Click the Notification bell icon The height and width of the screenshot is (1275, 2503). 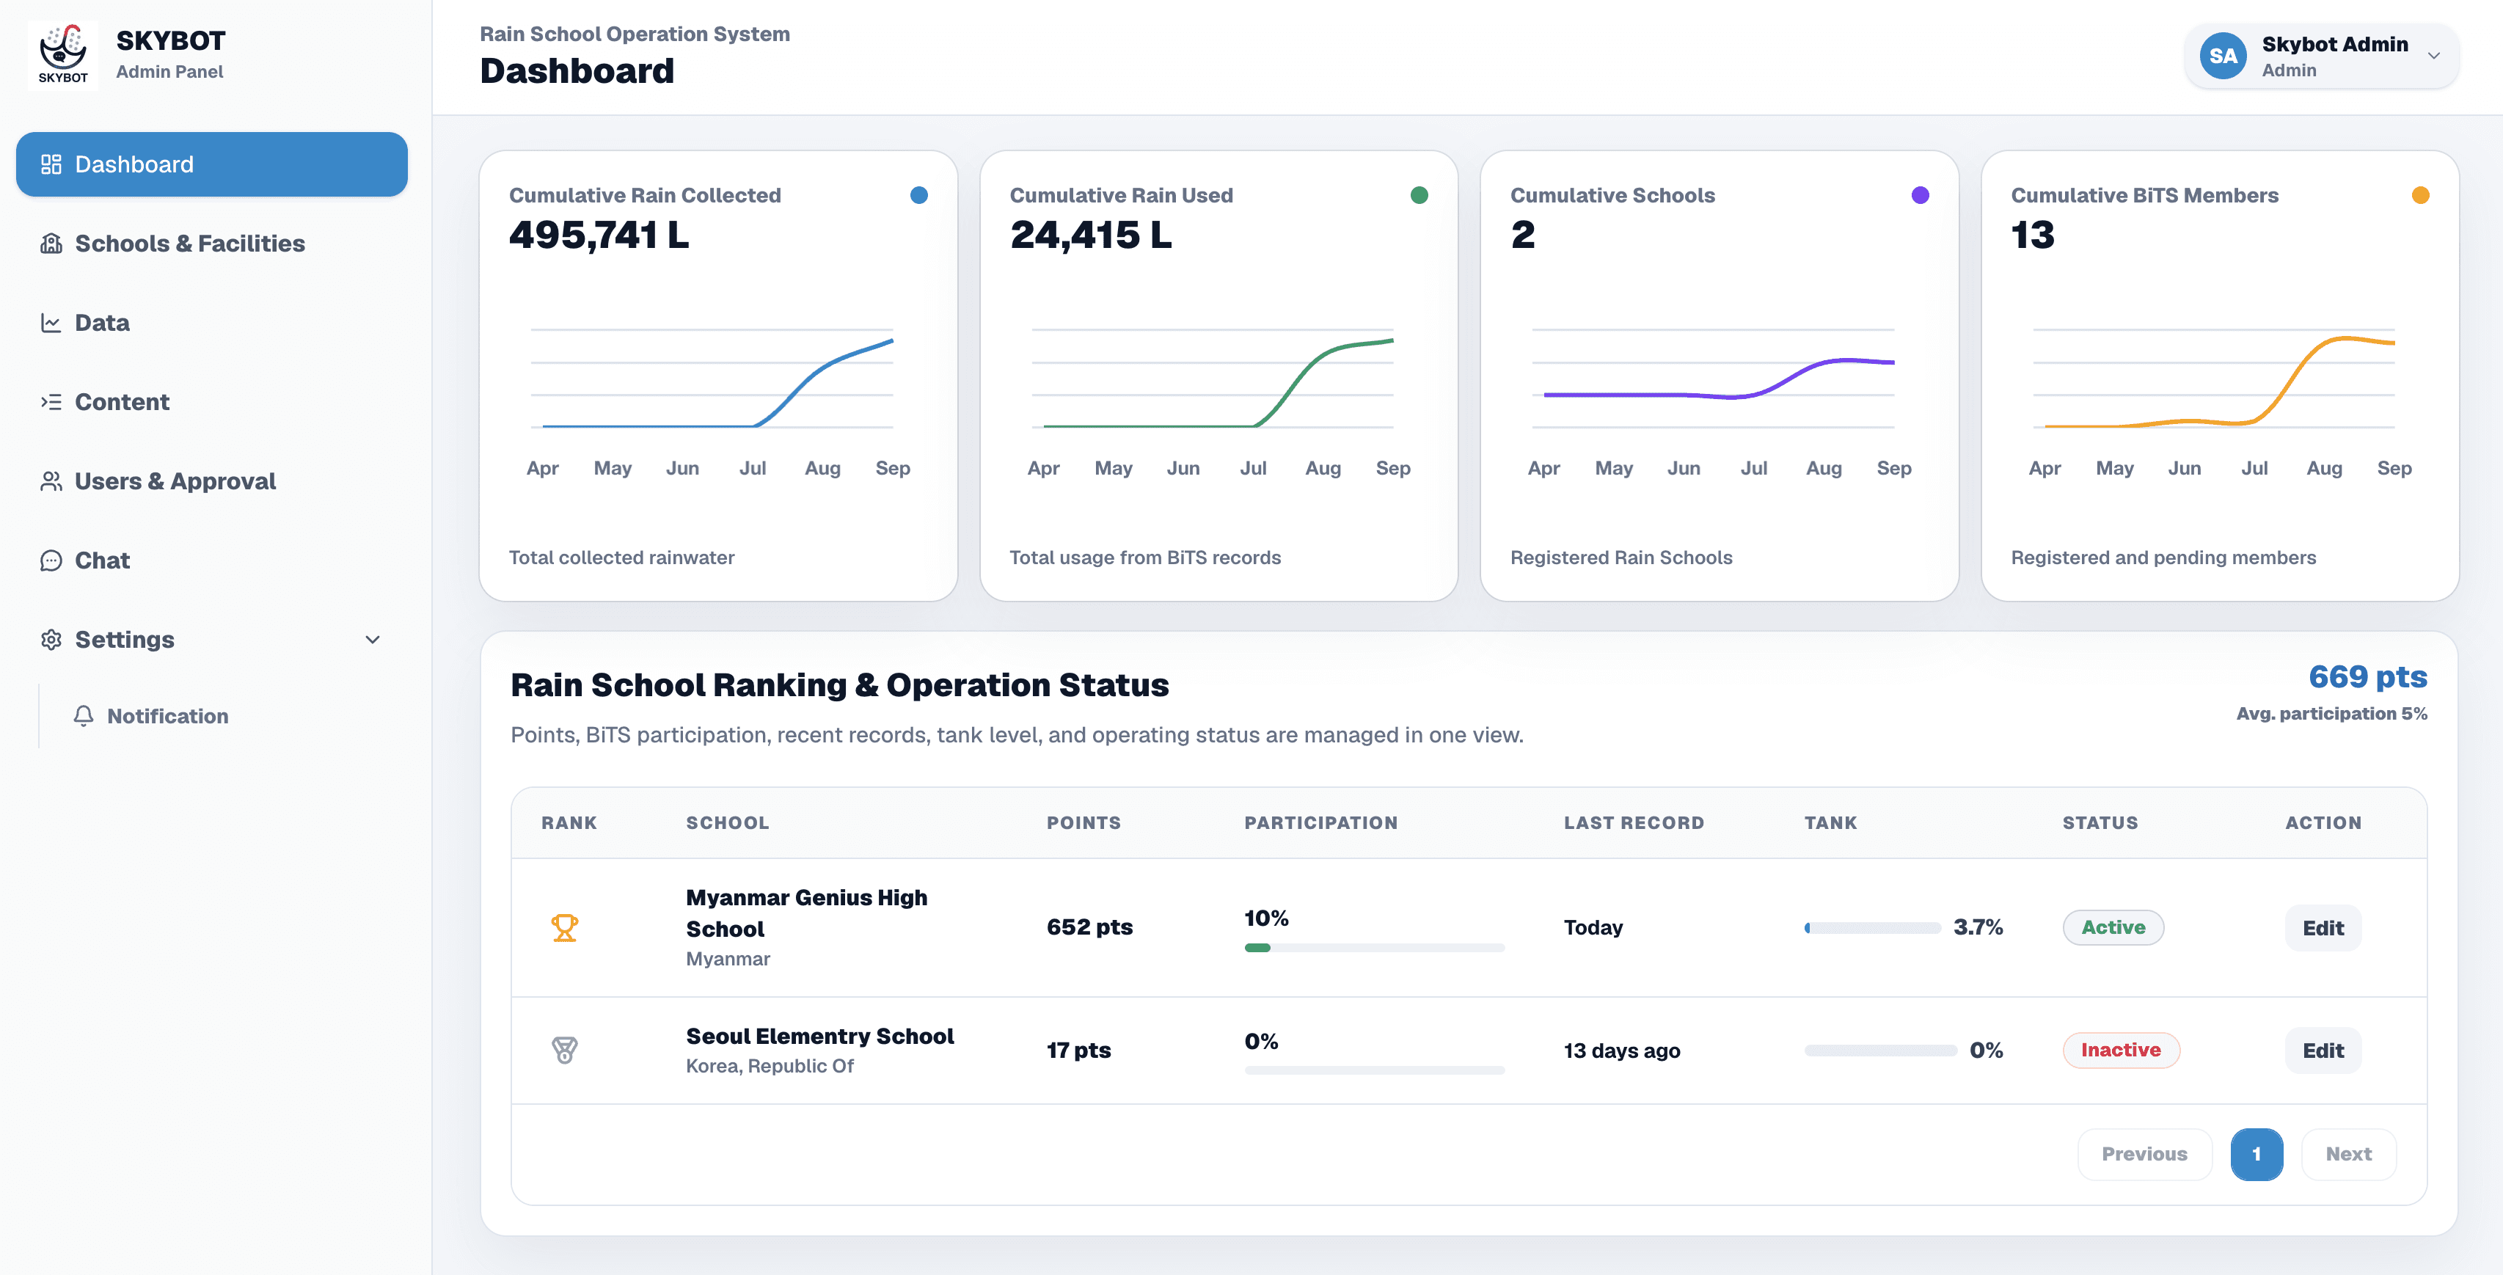pyautogui.click(x=84, y=715)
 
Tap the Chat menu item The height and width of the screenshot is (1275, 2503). pyautogui.click(x=102, y=560)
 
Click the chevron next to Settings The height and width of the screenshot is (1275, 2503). pyautogui.click(x=372, y=640)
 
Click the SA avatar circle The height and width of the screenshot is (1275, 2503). pyautogui.click(x=2224, y=56)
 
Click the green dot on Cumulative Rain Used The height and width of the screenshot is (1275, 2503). pyautogui.click(x=1419, y=195)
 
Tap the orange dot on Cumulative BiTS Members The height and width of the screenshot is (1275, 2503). pyautogui.click(x=2420, y=195)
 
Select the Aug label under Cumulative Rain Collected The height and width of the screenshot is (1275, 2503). pyautogui.click(x=822, y=469)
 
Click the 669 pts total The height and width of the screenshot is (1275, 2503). pyautogui.click(x=2368, y=677)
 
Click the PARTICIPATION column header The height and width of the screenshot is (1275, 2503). pyautogui.click(x=1320, y=823)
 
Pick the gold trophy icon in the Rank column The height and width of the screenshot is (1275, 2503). pyautogui.click(x=565, y=928)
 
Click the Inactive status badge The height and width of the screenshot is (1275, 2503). pyautogui.click(x=2121, y=1051)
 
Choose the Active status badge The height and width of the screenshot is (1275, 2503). pyautogui.click(x=2113, y=928)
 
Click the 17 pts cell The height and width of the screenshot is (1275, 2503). pyautogui.click(x=1078, y=1051)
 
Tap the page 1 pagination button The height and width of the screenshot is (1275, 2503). pyautogui.click(x=2257, y=1155)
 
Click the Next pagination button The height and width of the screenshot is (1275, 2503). pyautogui.click(x=2348, y=1155)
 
